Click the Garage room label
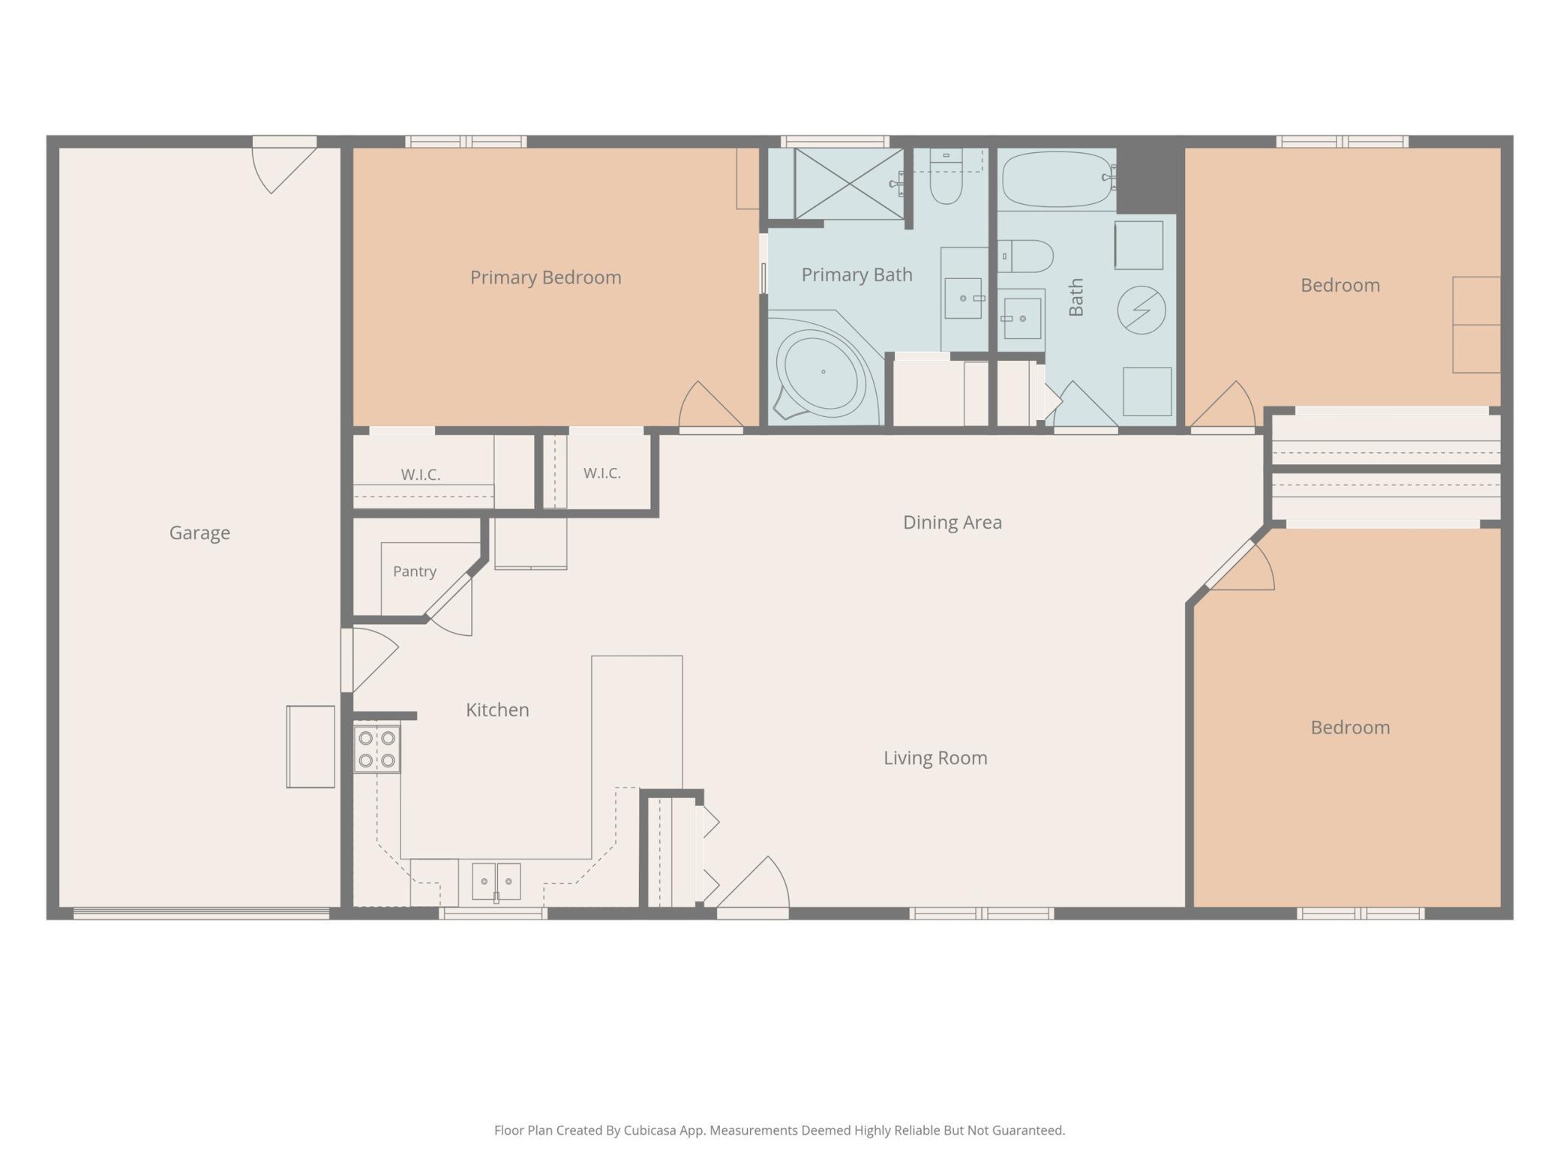(199, 532)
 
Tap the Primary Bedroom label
(546, 277)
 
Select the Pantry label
(415, 571)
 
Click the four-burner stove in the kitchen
(377, 749)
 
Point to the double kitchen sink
(496, 881)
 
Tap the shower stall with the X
(849, 184)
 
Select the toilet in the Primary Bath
(946, 176)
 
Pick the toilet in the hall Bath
(1025, 256)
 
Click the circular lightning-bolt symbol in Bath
(1141, 310)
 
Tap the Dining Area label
(952, 522)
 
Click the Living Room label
(935, 757)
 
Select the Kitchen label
(497, 709)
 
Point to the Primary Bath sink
(963, 298)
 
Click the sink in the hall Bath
(1022, 318)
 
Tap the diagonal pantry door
(448, 598)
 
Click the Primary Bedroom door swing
(709, 406)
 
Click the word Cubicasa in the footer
(650, 1130)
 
